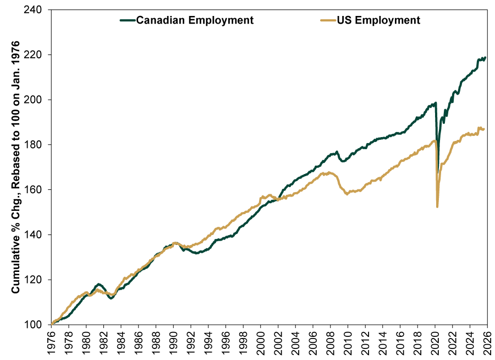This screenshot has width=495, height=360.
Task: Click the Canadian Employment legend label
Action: tap(195, 20)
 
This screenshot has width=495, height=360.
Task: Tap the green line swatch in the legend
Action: tap(127, 20)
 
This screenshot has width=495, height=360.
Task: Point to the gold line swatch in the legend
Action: tap(327, 20)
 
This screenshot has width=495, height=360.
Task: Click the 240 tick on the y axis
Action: tap(33, 10)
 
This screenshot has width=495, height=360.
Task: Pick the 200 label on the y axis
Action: tap(33, 100)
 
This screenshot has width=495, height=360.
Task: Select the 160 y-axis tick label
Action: tap(33, 189)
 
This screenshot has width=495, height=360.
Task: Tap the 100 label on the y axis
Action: tap(33, 324)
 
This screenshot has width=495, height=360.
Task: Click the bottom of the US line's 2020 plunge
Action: tap(437, 206)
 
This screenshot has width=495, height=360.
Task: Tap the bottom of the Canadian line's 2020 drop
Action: tap(438, 172)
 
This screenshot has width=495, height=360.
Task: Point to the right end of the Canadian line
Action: tap(485, 57)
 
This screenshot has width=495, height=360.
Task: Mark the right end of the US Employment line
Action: tap(484, 129)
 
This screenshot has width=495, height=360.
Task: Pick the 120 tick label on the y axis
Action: tap(33, 279)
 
